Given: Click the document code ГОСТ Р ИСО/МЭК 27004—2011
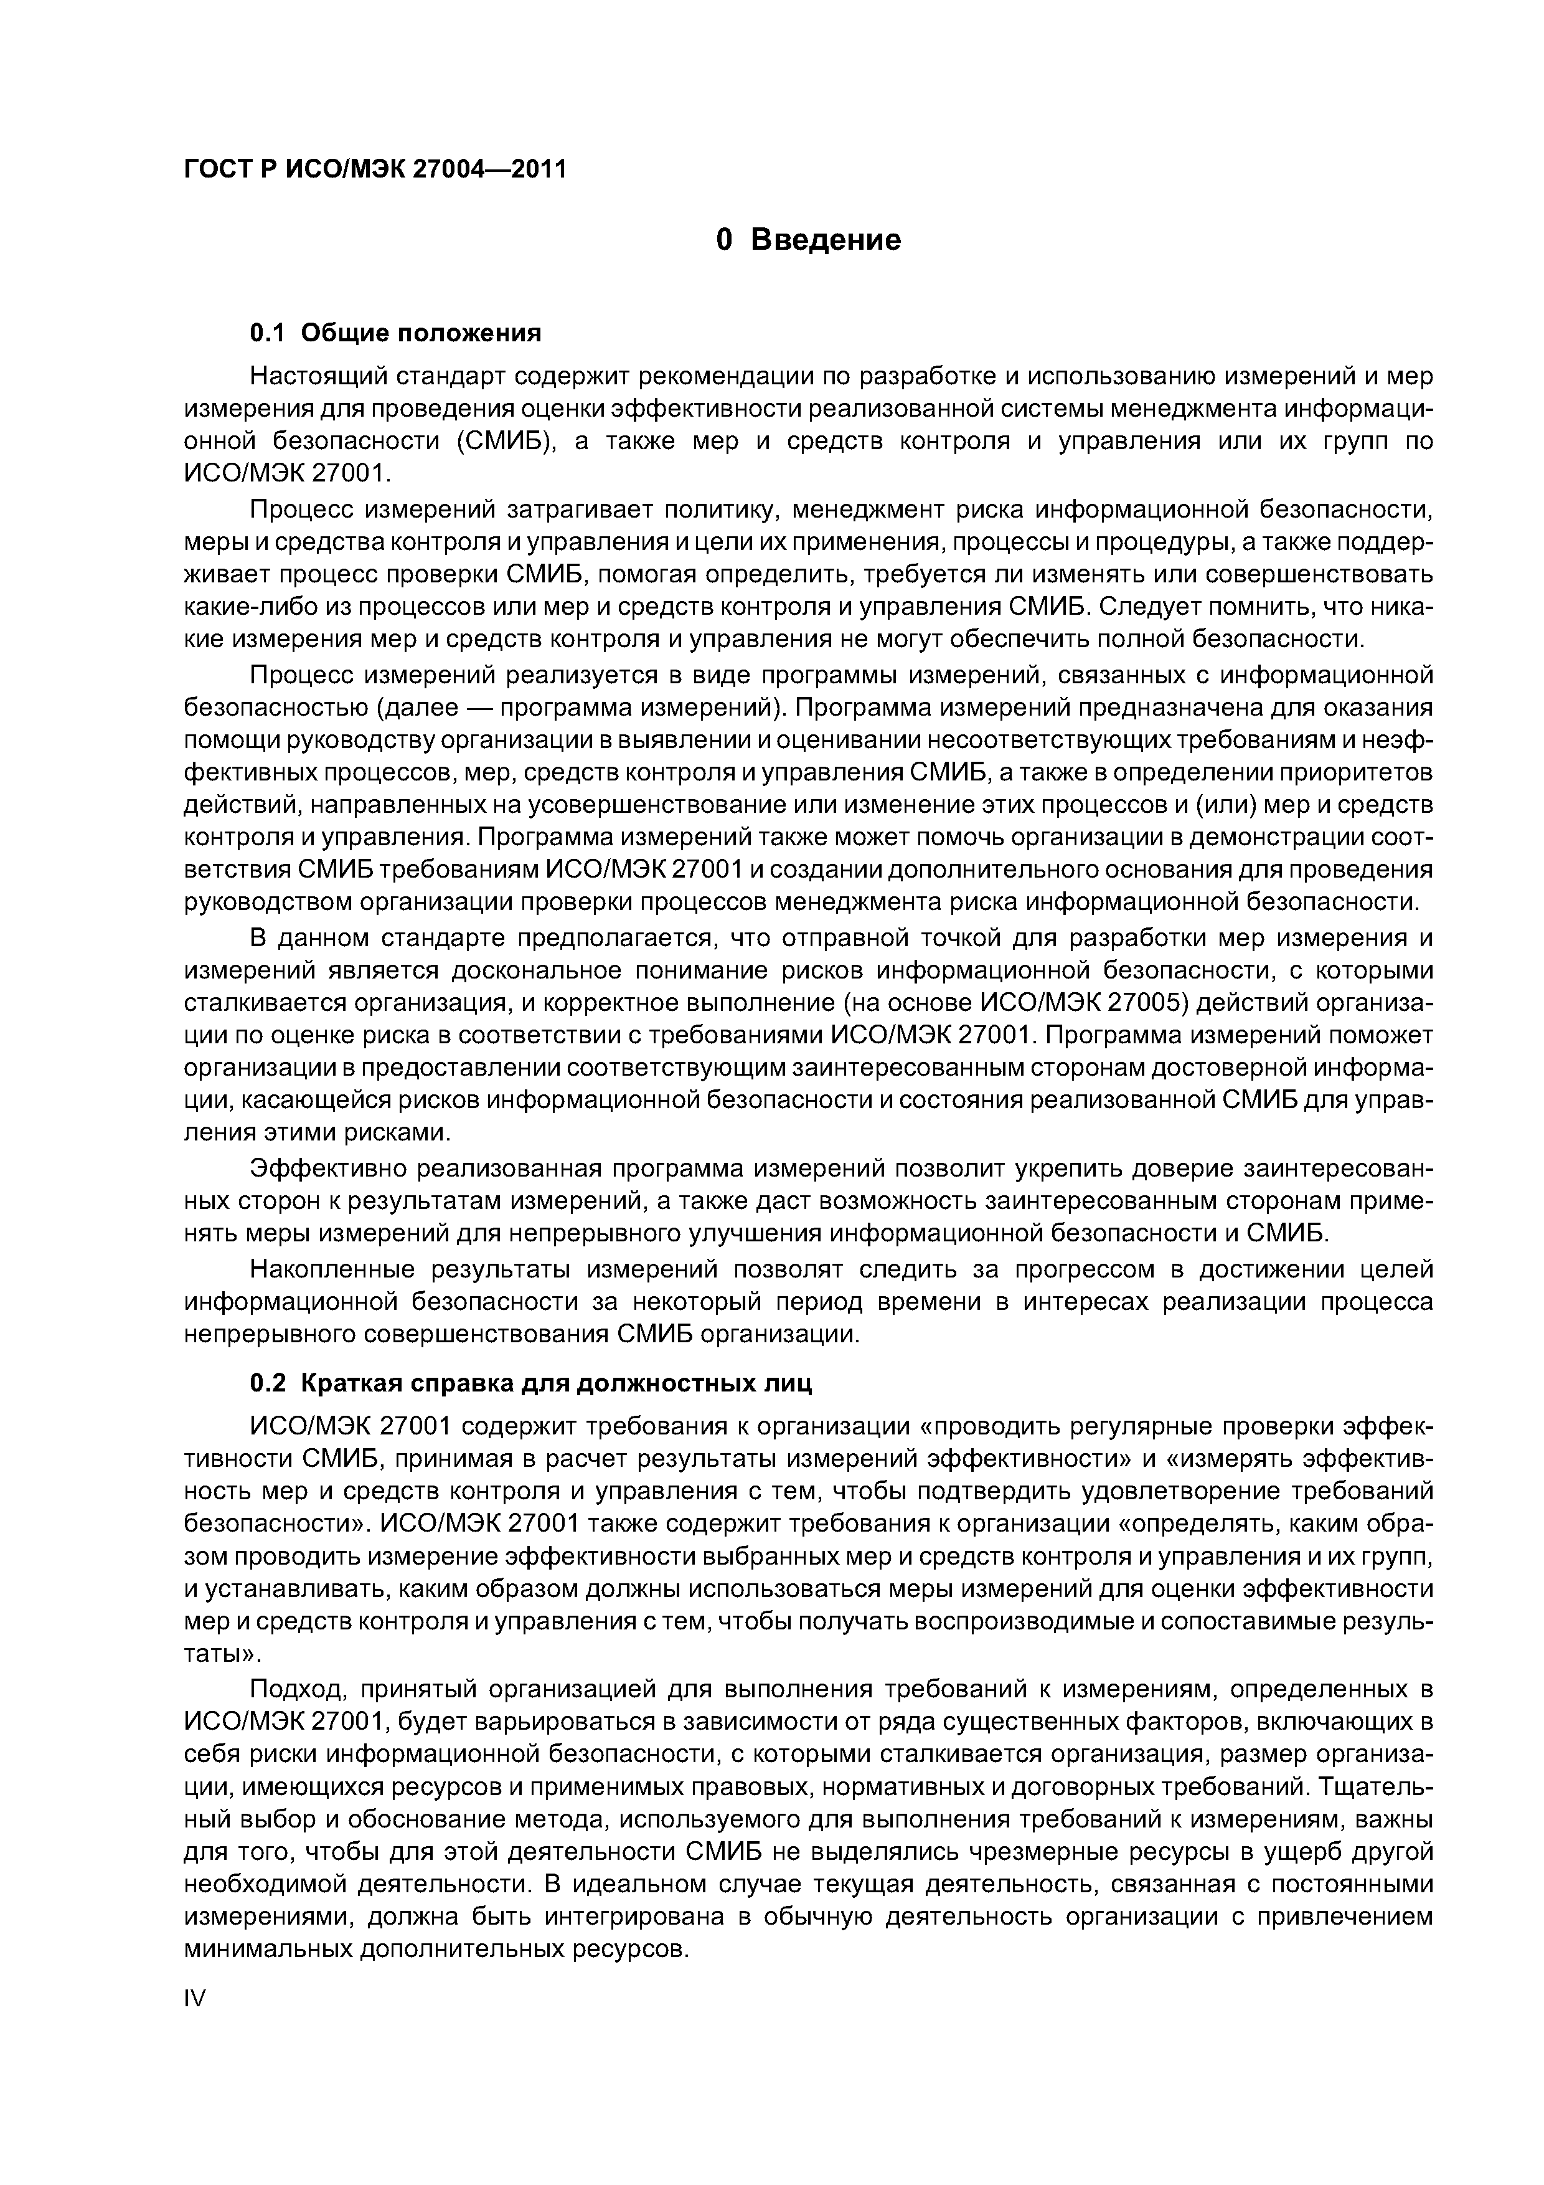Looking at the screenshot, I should [x=374, y=169].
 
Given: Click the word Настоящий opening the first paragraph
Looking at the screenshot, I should [x=313, y=376].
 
